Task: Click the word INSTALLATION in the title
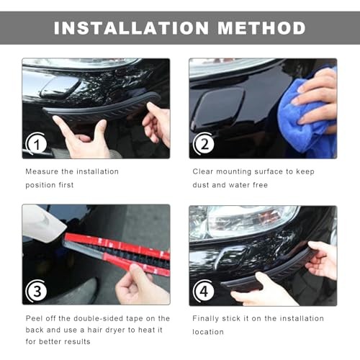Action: click(x=131, y=28)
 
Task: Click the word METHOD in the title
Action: click(x=261, y=28)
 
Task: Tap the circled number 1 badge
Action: click(x=36, y=144)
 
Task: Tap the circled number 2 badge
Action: click(x=204, y=144)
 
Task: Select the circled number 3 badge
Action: click(x=37, y=291)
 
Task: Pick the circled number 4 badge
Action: click(x=204, y=291)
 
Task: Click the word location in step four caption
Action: click(x=208, y=332)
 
